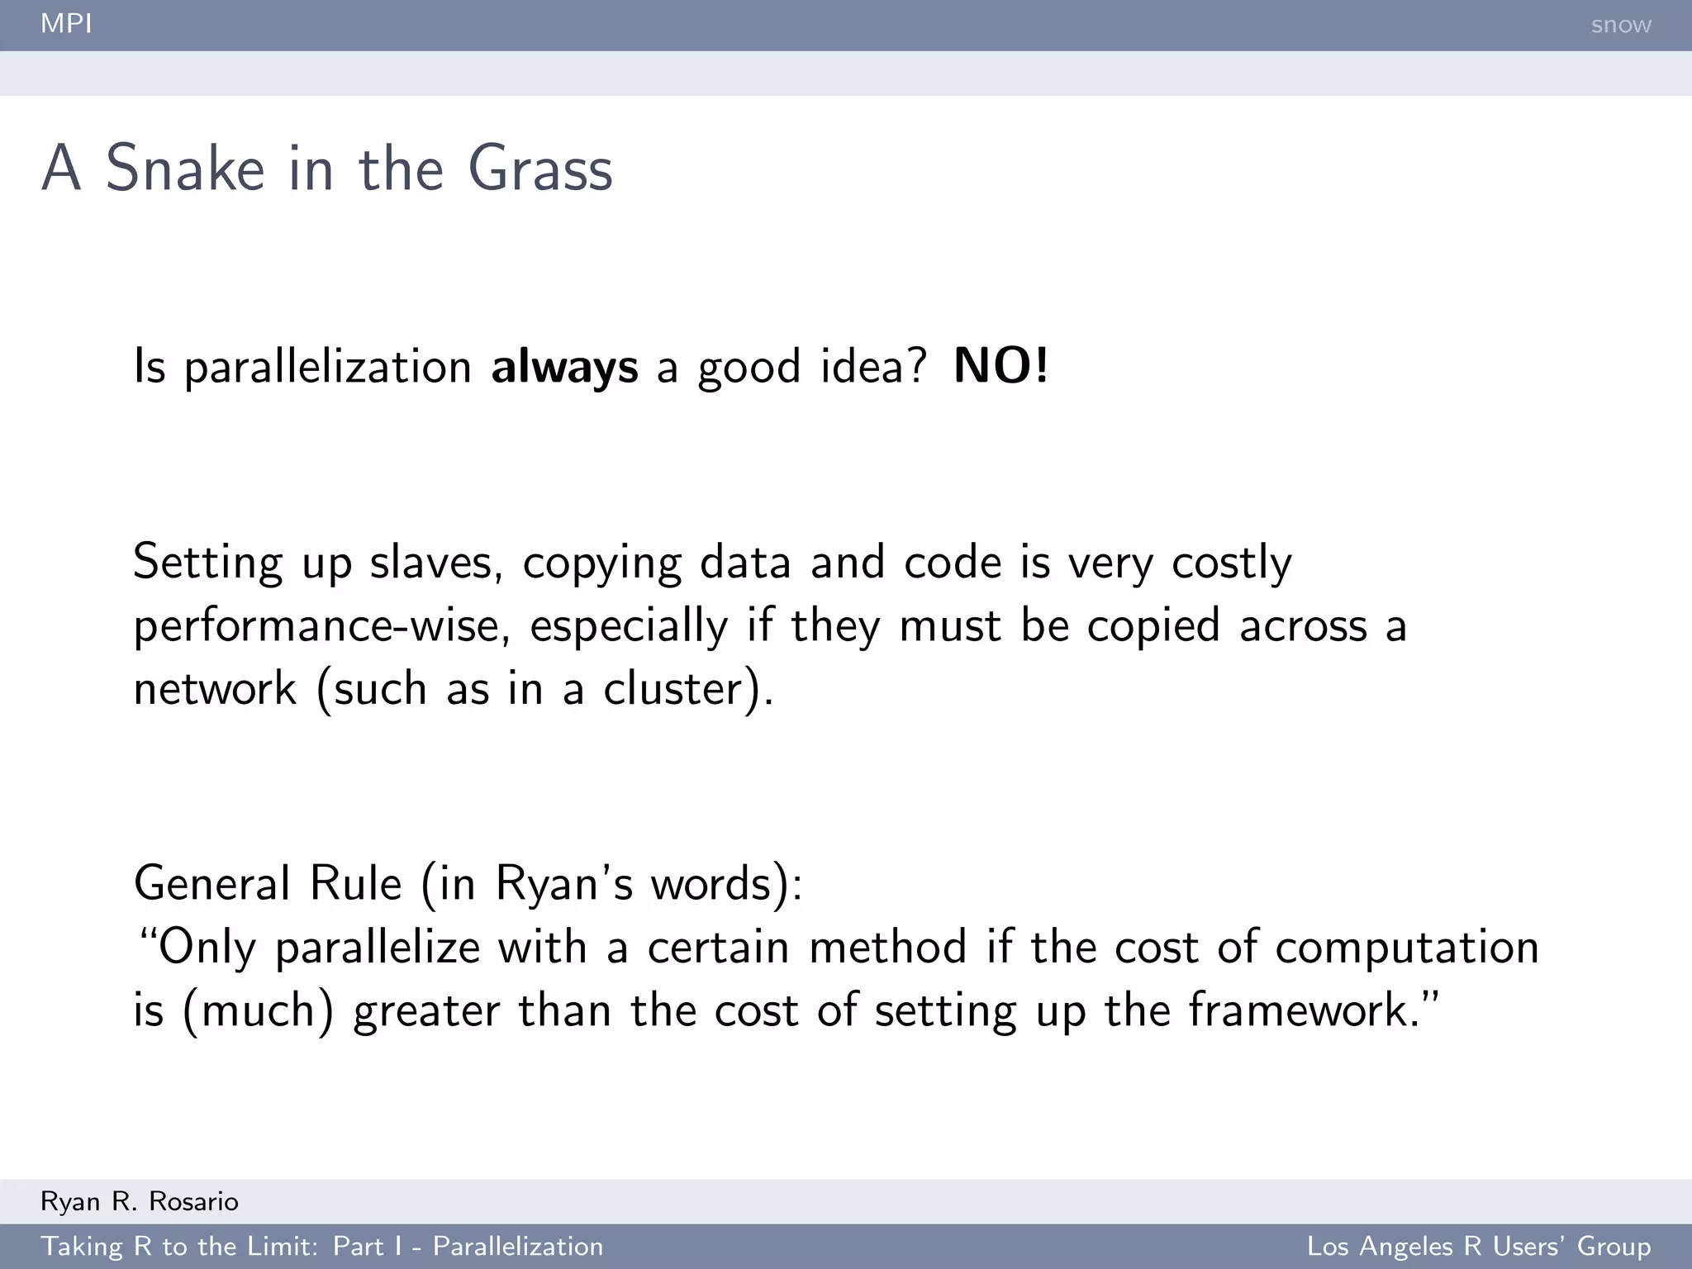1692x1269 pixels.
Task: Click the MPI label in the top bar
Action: pyautogui.click(x=66, y=24)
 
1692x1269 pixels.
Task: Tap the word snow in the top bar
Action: pyautogui.click(x=1620, y=25)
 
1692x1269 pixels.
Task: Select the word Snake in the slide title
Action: pyautogui.click(x=185, y=169)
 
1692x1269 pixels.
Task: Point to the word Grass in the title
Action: pyautogui.click(x=540, y=169)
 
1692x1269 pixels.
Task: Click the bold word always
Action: pyautogui.click(x=564, y=367)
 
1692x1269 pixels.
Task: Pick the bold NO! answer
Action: pyautogui.click(x=1000, y=366)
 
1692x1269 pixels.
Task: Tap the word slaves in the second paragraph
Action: pyautogui.click(x=435, y=563)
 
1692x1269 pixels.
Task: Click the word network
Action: pyautogui.click(x=215, y=688)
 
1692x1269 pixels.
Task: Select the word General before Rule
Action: pyautogui.click(x=211, y=883)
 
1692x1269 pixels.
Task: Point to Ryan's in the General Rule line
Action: pyautogui.click(x=564, y=883)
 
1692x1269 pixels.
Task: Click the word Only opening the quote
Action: pyautogui.click(x=207, y=947)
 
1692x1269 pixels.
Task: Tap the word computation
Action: pyautogui.click(x=1407, y=947)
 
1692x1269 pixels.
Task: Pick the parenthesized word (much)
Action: pyautogui.click(x=258, y=1010)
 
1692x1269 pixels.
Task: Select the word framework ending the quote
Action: pyautogui.click(x=1298, y=1010)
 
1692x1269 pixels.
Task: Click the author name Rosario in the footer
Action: pyautogui.click(x=193, y=1201)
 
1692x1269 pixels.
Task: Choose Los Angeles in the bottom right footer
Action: pyautogui.click(x=1380, y=1246)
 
